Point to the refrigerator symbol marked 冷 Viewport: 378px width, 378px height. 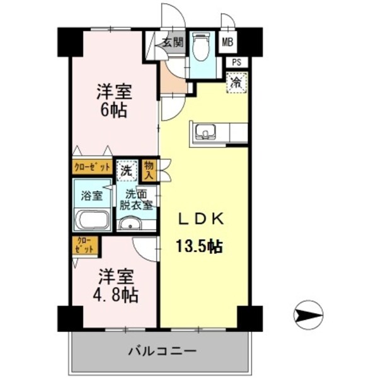click(x=237, y=81)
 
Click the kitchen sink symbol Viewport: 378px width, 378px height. click(x=205, y=132)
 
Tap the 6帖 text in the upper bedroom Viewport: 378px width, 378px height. click(x=114, y=110)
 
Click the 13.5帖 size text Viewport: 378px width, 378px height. click(x=198, y=246)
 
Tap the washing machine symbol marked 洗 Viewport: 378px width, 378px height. click(x=127, y=169)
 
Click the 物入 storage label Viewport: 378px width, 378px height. click(x=149, y=169)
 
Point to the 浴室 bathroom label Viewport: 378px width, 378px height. click(x=91, y=195)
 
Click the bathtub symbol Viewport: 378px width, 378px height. click(x=92, y=221)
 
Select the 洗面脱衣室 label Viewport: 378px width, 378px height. click(x=137, y=199)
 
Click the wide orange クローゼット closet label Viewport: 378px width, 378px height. click(x=92, y=168)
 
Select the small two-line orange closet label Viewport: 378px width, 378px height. click(x=84, y=245)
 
